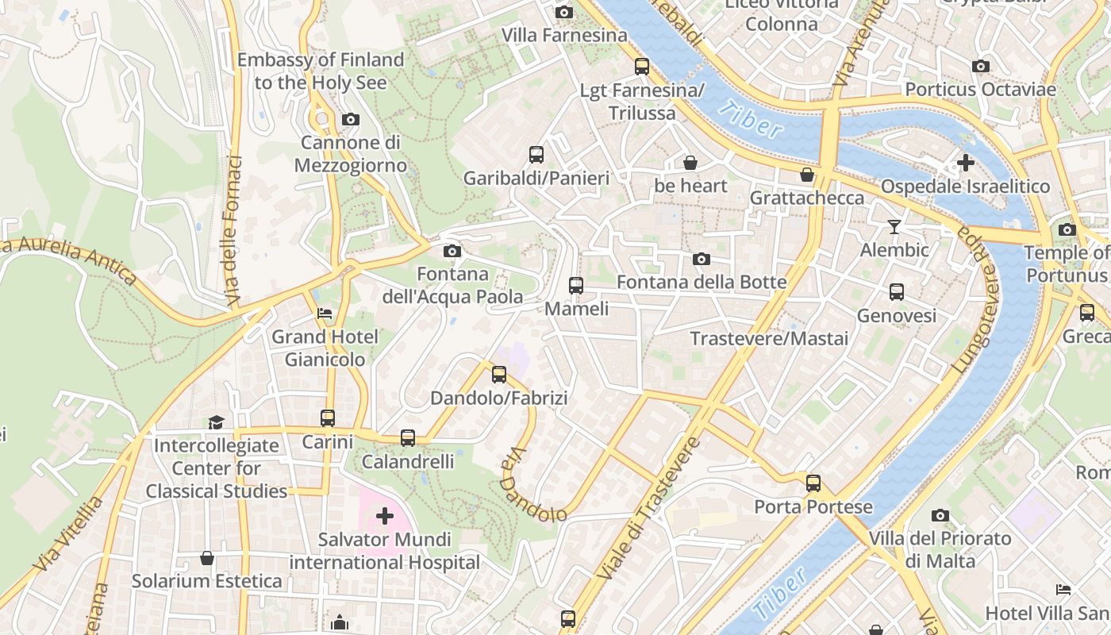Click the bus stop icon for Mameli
pyautogui.click(x=576, y=286)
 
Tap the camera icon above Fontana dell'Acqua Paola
pyautogui.click(x=452, y=252)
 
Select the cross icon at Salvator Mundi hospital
pyautogui.click(x=385, y=517)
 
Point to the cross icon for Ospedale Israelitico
pyautogui.click(x=966, y=163)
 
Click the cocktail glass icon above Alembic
pyautogui.click(x=894, y=227)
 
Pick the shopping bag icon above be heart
pyautogui.click(x=690, y=163)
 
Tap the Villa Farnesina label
pyautogui.click(x=564, y=36)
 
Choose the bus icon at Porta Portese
pyautogui.click(x=813, y=483)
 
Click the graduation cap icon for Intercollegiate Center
pyautogui.click(x=217, y=422)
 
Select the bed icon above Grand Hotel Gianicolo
pyautogui.click(x=325, y=314)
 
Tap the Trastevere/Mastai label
pyautogui.click(x=769, y=339)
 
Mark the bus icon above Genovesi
pyautogui.click(x=897, y=292)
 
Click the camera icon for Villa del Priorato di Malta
pyautogui.click(x=940, y=516)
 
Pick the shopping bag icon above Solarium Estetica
pyautogui.click(x=207, y=558)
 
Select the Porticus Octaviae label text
pyautogui.click(x=980, y=89)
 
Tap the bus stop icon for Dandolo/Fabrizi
pyautogui.click(x=499, y=375)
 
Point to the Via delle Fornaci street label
pyautogui.click(x=233, y=230)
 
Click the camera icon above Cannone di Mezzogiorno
pyautogui.click(x=351, y=120)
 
